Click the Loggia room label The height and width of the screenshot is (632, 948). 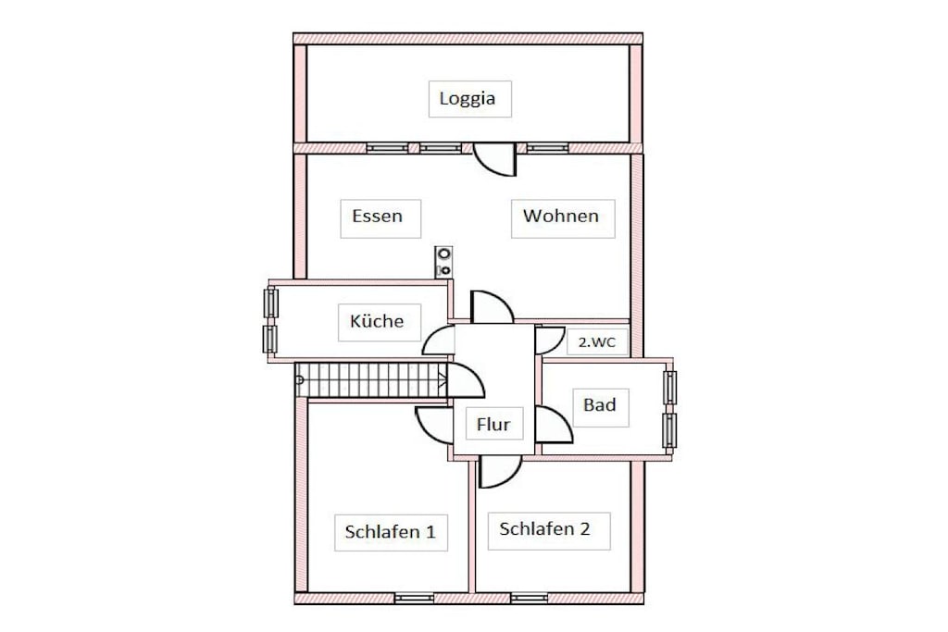click(468, 98)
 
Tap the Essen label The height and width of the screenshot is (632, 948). click(378, 216)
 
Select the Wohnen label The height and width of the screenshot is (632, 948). click(561, 216)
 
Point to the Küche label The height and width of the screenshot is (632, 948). click(377, 320)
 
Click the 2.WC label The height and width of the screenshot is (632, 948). click(597, 342)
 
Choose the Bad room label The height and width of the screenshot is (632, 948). click(599, 404)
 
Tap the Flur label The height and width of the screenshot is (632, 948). click(493, 424)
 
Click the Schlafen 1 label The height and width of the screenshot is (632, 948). click(390, 532)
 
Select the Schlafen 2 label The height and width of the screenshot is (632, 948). click(544, 528)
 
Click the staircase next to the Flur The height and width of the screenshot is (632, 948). click(372, 380)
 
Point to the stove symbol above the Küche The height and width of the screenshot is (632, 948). click(444, 262)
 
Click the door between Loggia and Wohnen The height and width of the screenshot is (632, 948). click(494, 159)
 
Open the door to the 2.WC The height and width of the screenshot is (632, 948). click(550, 341)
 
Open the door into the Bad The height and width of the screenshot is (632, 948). click(554, 424)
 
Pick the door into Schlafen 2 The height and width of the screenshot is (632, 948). click(500, 471)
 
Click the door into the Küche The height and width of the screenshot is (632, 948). click(438, 341)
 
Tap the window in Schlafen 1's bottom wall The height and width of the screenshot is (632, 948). click(414, 598)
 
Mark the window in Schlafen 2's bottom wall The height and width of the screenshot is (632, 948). click(529, 598)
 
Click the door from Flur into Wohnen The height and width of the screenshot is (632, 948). click(493, 307)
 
